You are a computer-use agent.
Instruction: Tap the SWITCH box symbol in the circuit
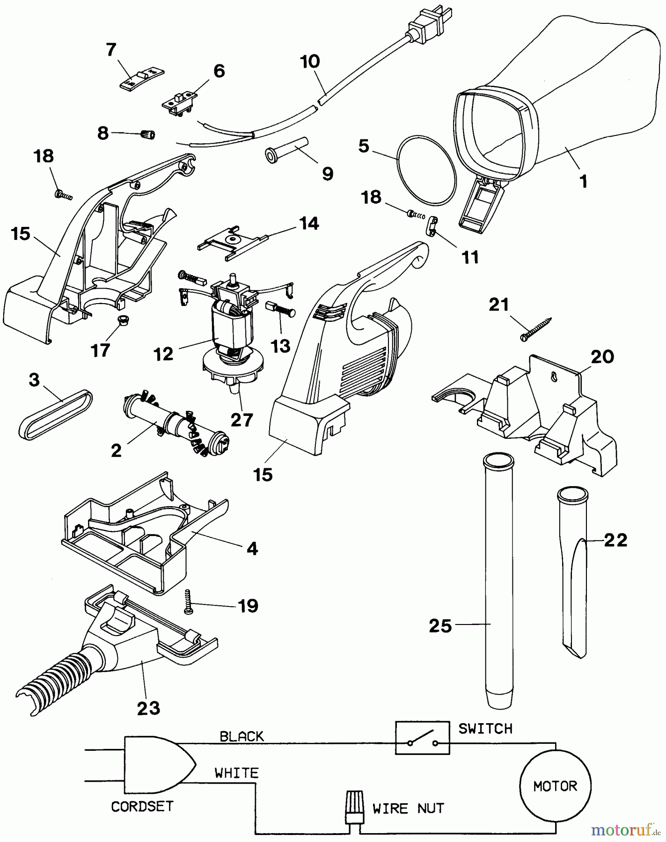[422, 738]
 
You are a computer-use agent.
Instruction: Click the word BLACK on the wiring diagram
[242, 736]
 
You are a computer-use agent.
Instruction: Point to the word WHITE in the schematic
[236, 773]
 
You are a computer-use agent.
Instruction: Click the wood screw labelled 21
[535, 329]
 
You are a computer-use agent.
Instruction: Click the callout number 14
[310, 223]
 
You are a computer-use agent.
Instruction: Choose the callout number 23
[149, 708]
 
